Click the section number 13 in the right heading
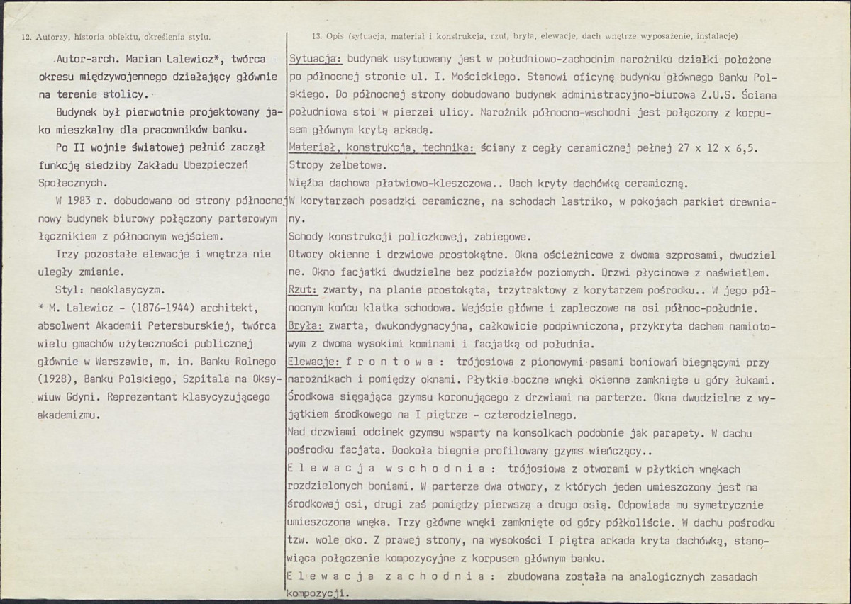point(317,35)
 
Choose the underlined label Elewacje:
point(314,362)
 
